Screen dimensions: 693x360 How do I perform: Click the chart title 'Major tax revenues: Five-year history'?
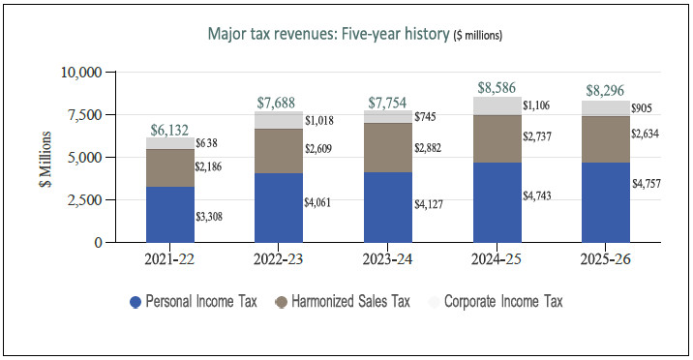pos(329,34)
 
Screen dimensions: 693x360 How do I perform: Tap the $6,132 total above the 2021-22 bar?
pos(169,130)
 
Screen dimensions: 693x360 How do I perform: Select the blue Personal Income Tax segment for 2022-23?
pos(279,208)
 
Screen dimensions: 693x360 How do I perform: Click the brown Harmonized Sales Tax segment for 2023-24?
pos(388,147)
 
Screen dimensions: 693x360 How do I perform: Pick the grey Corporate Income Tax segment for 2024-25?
pos(497,106)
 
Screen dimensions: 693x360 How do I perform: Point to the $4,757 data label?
pos(647,183)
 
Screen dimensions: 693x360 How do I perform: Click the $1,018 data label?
pos(319,120)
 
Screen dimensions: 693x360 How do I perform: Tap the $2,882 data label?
pos(428,148)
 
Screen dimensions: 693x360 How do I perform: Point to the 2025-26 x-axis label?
pos(606,258)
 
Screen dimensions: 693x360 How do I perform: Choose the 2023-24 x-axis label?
pos(387,258)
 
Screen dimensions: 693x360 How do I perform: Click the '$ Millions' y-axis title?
pos(45,159)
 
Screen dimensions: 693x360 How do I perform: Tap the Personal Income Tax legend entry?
pos(194,302)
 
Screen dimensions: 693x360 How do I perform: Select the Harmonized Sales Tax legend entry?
pos(343,302)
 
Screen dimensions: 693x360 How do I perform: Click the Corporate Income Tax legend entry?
pos(496,302)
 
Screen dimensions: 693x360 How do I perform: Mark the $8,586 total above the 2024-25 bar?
pos(497,87)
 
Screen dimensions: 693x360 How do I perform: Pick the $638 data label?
pos(206,143)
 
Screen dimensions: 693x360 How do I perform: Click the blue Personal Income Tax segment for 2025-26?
pos(606,202)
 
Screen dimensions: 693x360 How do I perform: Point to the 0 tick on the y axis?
pos(98,243)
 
